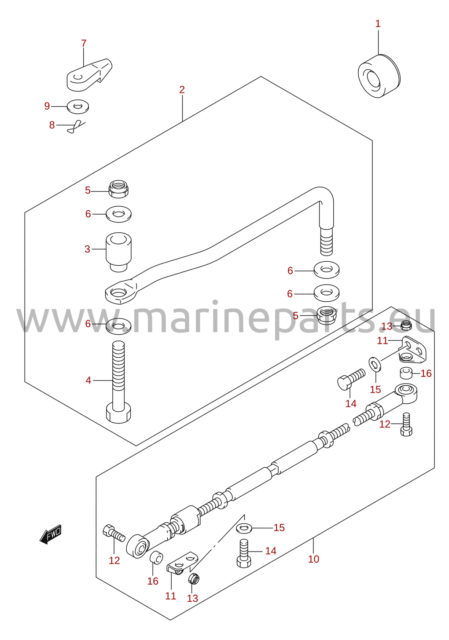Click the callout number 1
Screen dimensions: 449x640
[378, 24]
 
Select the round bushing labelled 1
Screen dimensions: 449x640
[379, 76]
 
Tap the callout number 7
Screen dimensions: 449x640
[84, 44]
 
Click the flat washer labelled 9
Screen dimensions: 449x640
[78, 106]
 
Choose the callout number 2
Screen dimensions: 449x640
[182, 90]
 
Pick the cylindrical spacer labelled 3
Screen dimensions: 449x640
[118, 252]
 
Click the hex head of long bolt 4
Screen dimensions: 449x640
[118, 412]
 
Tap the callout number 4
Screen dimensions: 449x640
[88, 380]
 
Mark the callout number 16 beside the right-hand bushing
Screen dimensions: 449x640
[426, 373]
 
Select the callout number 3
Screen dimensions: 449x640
[88, 249]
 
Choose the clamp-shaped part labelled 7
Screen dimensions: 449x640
[89, 75]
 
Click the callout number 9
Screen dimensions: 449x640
[47, 106]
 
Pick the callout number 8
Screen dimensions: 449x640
[52, 125]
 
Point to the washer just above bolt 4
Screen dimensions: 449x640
[118, 325]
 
